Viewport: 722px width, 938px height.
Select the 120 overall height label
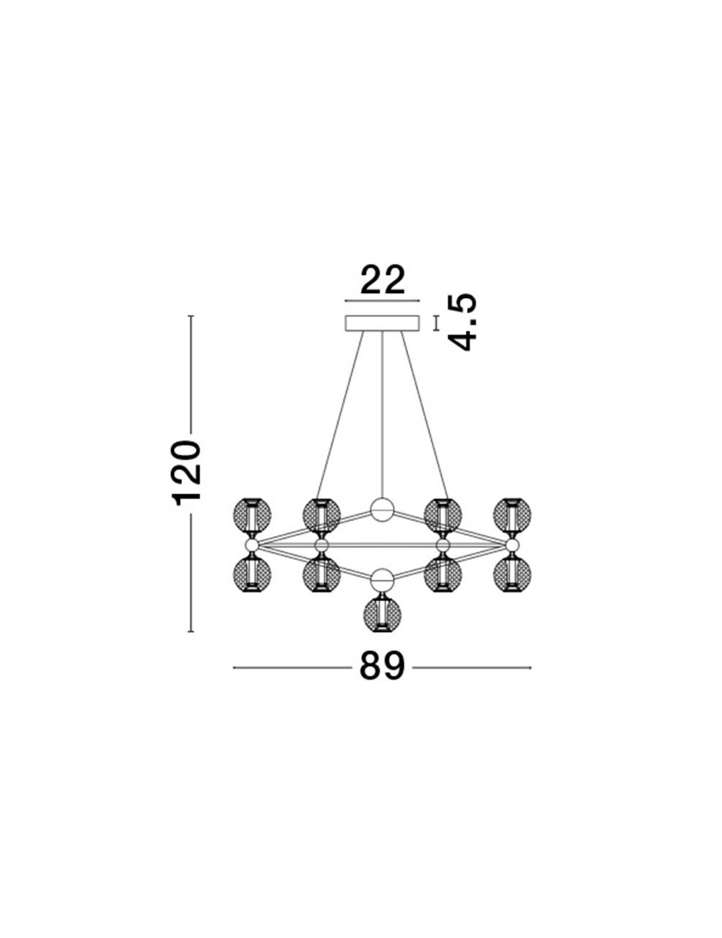click(x=187, y=473)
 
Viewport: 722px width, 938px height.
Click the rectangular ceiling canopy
click(x=382, y=323)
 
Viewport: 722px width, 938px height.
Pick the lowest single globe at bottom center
click(x=382, y=615)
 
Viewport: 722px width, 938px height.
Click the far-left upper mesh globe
click(x=252, y=515)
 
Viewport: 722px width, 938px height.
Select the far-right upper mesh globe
click(x=513, y=515)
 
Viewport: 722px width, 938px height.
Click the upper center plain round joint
click(x=382, y=509)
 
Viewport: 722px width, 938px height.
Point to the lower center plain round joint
click(x=382, y=579)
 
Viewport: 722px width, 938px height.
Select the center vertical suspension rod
click(x=382, y=414)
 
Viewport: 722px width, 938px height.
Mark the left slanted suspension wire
click(x=340, y=415)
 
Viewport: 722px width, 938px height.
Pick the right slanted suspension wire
click(x=425, y=415)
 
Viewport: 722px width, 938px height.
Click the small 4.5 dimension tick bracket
click(x=437, y=323)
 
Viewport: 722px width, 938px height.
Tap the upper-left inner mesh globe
click(x=322, y=515)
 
